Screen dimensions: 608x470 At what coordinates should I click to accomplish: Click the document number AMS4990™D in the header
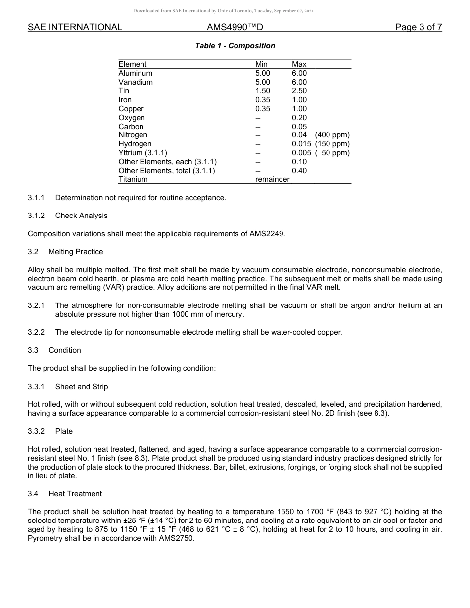pos(235,27)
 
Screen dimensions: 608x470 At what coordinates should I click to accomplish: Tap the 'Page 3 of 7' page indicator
pos(418,27)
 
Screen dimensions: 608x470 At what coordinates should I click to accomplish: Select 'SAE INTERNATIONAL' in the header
pos(75,27)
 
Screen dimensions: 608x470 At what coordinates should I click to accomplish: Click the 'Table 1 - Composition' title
pos(235,46)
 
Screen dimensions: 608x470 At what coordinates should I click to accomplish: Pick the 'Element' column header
pos(133,64)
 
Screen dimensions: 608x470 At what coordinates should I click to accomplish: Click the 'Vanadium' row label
pos(136,82)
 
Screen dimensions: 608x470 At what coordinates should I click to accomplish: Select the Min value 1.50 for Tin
pos(263,91)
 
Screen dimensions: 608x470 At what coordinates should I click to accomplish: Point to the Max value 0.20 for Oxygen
pos(299,118)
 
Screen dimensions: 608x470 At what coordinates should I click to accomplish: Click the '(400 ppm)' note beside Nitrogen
pos(332,135)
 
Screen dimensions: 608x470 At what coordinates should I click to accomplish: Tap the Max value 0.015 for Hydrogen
pos(301,144)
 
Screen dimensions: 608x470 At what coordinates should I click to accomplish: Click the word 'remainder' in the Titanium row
pos(273,179)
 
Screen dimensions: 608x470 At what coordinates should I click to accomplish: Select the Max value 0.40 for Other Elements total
pos(299,171)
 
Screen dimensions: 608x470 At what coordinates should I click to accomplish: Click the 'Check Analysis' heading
pos(81,216)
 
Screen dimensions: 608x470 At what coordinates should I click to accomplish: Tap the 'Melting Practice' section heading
pos(76,252)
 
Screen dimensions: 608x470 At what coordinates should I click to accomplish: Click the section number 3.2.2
pos(36,332)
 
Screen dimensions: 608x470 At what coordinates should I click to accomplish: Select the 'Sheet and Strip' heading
pos(81,387)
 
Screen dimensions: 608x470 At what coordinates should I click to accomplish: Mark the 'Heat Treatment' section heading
pos(75,494)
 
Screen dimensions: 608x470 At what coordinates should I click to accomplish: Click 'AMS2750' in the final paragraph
pos(177,539)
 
